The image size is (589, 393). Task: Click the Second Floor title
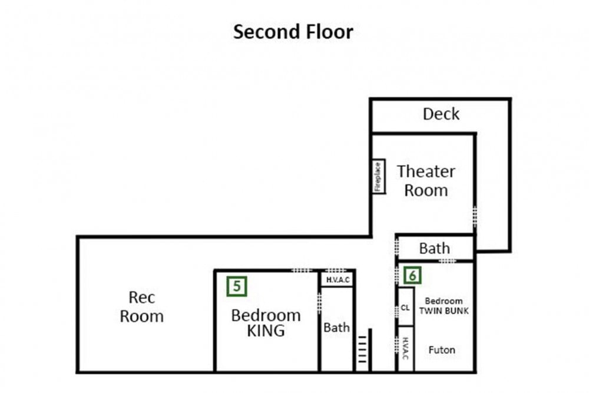293,32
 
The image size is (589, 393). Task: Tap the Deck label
441,114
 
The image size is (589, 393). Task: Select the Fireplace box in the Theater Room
379,176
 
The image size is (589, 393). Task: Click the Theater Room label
426,181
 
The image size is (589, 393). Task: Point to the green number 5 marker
237,286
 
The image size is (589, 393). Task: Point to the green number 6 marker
412,275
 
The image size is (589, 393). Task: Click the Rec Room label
141,306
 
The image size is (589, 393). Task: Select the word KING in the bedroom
266,331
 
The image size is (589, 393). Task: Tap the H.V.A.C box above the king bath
337,279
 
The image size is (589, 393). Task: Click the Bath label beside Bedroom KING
336,328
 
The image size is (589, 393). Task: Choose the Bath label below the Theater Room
434,248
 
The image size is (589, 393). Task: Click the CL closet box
406,307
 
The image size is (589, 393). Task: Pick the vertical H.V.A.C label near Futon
405,348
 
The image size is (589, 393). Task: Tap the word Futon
442,350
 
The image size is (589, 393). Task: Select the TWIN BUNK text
444,311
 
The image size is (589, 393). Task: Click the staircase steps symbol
362,349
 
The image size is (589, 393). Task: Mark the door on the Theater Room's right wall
475,216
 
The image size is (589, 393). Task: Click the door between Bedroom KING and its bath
319,303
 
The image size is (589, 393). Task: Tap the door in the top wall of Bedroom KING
302,270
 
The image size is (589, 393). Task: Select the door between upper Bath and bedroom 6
448,261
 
